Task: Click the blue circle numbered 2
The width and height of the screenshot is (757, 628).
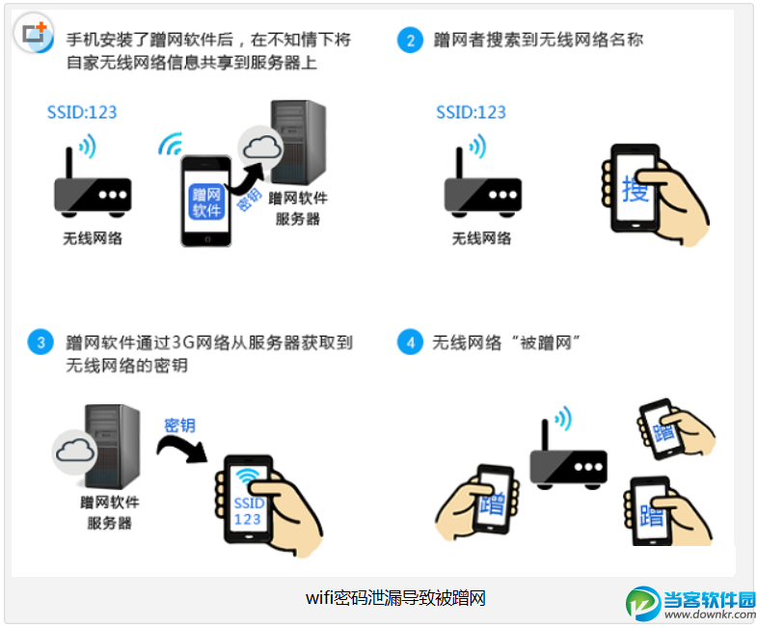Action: (410, 40)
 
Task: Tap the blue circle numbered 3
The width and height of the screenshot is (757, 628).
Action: (41, 342)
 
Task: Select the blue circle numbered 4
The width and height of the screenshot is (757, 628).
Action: (410, 342)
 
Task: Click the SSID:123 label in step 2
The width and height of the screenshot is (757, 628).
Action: (471, 112)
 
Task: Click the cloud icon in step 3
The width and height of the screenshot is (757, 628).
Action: (75, 451)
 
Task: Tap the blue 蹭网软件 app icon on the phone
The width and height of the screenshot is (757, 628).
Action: (206, 202)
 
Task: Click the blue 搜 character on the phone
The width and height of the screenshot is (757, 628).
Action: (635, 189)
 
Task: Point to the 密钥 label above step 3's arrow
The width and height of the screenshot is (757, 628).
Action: (179, 425)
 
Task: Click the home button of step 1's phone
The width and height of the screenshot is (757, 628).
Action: (207, 239)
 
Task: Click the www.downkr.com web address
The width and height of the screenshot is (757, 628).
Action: (710, 614)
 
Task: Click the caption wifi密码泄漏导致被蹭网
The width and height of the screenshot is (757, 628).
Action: (395, 598)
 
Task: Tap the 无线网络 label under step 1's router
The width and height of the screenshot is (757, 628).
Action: (93, 238)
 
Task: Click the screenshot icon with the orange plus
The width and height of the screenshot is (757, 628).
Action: (34, 34)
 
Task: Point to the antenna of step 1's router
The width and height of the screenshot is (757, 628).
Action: (69, 163)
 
